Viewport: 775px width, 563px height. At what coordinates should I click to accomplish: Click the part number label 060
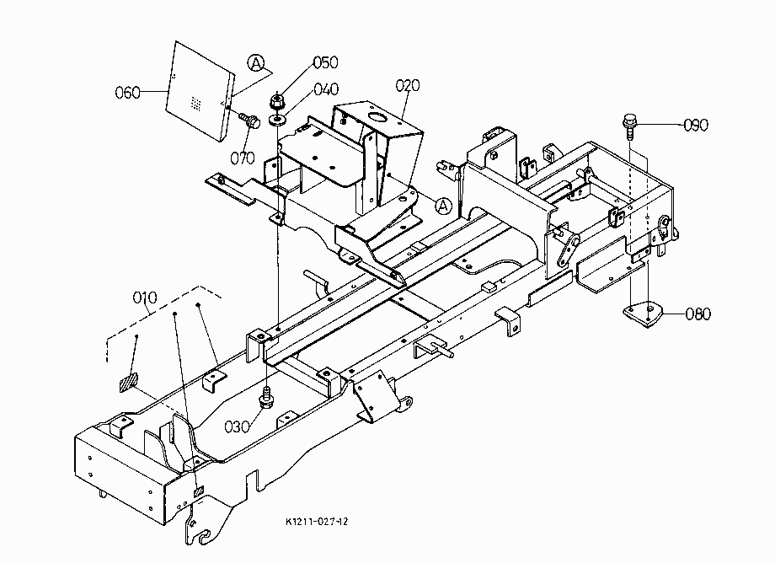click(127, 93)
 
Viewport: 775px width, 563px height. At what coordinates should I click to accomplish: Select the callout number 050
click(326, 62)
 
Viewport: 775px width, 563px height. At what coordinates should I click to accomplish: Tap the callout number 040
click(326, 89)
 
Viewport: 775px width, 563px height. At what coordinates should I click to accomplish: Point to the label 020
click(408, 85)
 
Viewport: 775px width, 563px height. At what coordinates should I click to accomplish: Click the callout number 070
click(243, 158)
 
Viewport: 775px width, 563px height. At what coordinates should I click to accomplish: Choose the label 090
click(696, 125)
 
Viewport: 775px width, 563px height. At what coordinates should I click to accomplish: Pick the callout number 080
click(698, 314)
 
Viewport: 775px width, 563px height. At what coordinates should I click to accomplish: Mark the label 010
click(145, 297)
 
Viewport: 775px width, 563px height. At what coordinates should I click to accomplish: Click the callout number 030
click(238, 426)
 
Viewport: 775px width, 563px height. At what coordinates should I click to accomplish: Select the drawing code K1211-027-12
click(317, 522)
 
